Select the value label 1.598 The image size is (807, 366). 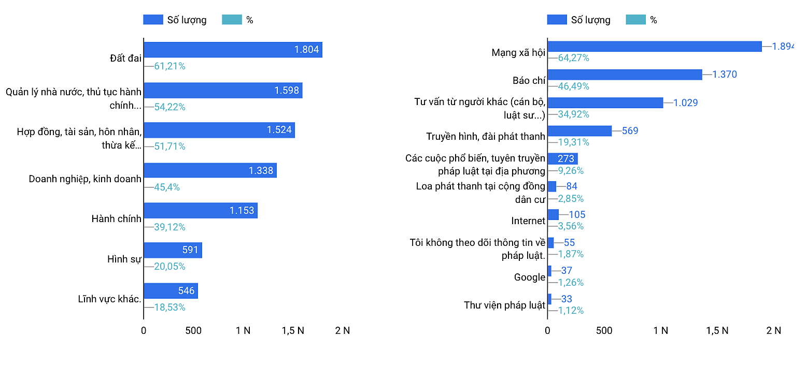287,91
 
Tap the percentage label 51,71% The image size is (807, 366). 169,147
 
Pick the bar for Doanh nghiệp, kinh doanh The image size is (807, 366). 210,170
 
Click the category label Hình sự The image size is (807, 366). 124,259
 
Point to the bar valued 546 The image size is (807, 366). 171,291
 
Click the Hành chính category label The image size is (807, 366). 116,219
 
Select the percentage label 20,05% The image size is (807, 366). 169,267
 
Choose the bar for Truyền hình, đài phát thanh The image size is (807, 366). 579,131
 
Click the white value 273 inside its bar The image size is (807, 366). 566,158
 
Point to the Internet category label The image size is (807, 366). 528,221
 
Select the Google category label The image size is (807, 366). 530,277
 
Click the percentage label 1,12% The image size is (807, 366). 571,311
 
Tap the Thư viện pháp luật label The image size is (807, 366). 504,305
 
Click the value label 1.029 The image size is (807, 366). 685,103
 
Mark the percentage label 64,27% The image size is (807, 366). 573,58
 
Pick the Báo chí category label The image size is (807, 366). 529,81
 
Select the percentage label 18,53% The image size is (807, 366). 169,307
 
